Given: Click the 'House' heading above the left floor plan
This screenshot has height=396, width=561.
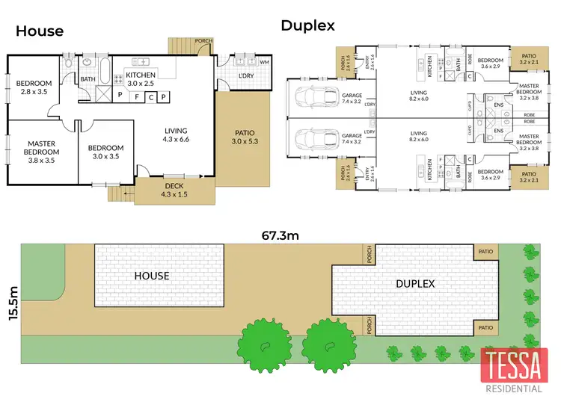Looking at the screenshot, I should pos(40,31).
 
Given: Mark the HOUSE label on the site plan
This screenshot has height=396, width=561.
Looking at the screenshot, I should pos(151,276).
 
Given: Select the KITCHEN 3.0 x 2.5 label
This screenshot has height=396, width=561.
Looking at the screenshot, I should pos(141,80).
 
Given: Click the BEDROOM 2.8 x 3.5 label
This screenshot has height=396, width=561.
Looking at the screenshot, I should pos(33,88).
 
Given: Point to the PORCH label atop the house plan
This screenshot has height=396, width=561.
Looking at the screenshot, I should pos(203,41).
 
